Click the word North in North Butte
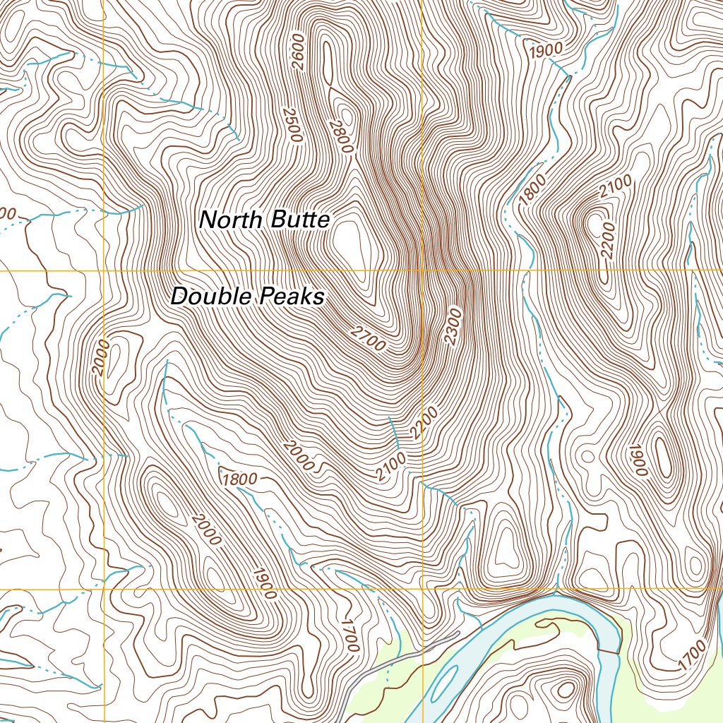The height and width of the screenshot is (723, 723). pos(229,220)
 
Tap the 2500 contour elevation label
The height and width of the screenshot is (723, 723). pos(291,125)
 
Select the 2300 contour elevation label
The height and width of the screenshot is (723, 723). pos(453,326)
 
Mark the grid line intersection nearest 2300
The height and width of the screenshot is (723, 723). pos(422,270)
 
